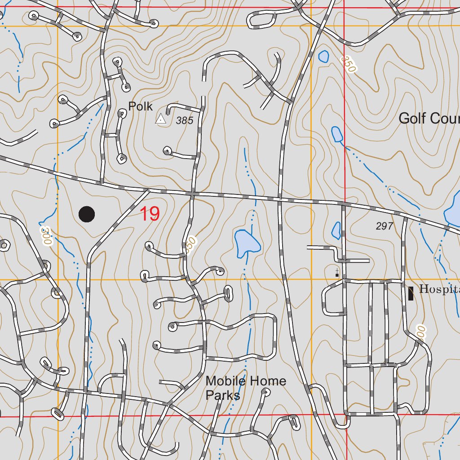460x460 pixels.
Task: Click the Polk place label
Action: [x=140, y=106]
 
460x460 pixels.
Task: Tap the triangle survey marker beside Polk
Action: [x=160, y=119]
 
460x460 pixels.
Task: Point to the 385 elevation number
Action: [x=184, y=120]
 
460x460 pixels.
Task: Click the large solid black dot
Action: [x=87, y=214]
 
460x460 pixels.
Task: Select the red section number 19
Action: [x=150, y=214]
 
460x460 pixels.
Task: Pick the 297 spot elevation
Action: [x=385, y=226]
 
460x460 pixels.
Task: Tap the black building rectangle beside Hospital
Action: [x=411, y=293]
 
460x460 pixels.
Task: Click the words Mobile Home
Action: [x=245, y=381]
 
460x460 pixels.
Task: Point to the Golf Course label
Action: [x=429, y=119]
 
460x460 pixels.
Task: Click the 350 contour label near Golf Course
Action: [x=348, y=64]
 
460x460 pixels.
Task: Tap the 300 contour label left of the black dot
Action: [x=45, y=235]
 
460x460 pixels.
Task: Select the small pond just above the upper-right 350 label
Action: [x=323, y=56]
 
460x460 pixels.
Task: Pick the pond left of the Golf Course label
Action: [x=336, y=134]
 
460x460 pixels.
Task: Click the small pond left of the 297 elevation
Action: [x=336, y=230]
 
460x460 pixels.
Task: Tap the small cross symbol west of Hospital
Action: [x=337, y=272]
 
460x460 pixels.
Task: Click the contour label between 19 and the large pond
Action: [x=190, y=246]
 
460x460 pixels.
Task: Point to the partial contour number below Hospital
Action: [x=420, y=333]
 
